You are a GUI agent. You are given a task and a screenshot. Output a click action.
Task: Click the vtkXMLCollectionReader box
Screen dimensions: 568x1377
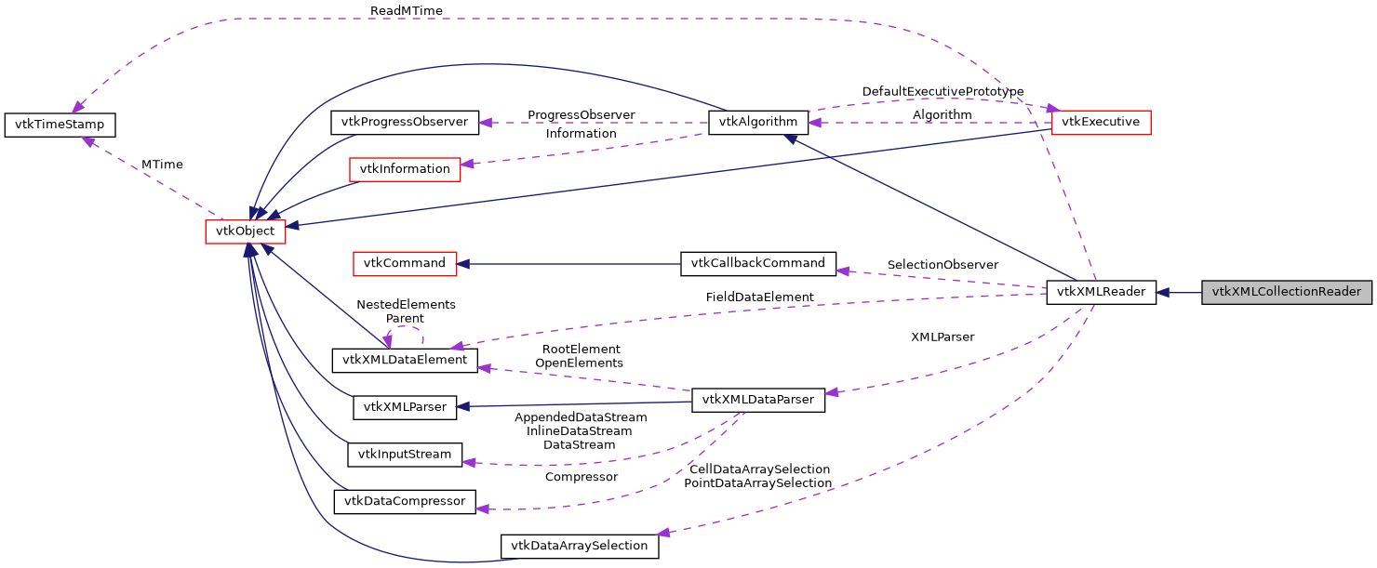[1287, 292]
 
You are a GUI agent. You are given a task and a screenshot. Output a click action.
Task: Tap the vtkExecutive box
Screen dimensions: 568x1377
[1101, 122]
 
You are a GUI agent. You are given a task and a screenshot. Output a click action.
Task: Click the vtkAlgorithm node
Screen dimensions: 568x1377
[758, 122]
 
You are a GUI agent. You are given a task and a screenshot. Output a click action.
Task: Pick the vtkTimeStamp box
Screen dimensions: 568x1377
[60, 125]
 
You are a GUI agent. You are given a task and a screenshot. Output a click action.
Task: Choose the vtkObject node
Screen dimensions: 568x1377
[245, 231]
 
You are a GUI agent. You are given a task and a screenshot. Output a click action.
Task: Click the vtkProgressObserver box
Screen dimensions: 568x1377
[405, 122]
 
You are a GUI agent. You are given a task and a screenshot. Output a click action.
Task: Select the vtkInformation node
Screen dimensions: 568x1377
[404, 169]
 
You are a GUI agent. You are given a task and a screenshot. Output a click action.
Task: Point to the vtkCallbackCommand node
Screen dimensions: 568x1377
[758, 263]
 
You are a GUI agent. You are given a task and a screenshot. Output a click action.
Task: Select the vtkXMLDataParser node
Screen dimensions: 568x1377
[757, 401]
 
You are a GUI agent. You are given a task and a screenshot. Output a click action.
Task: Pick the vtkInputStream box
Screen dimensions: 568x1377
[405, 455]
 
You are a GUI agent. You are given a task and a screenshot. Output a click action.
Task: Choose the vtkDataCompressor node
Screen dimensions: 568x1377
[405, 502]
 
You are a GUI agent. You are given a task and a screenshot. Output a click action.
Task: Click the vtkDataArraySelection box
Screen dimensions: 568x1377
[580, 546]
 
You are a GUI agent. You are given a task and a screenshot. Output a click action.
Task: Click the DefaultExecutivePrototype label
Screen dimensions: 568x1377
[943, 91]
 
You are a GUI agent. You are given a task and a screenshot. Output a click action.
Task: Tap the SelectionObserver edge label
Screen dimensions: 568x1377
[943, 265]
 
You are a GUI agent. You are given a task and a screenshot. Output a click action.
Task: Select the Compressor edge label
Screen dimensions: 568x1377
[581, 477]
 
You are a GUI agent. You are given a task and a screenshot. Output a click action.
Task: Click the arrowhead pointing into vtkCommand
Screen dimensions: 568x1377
[465, 263]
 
